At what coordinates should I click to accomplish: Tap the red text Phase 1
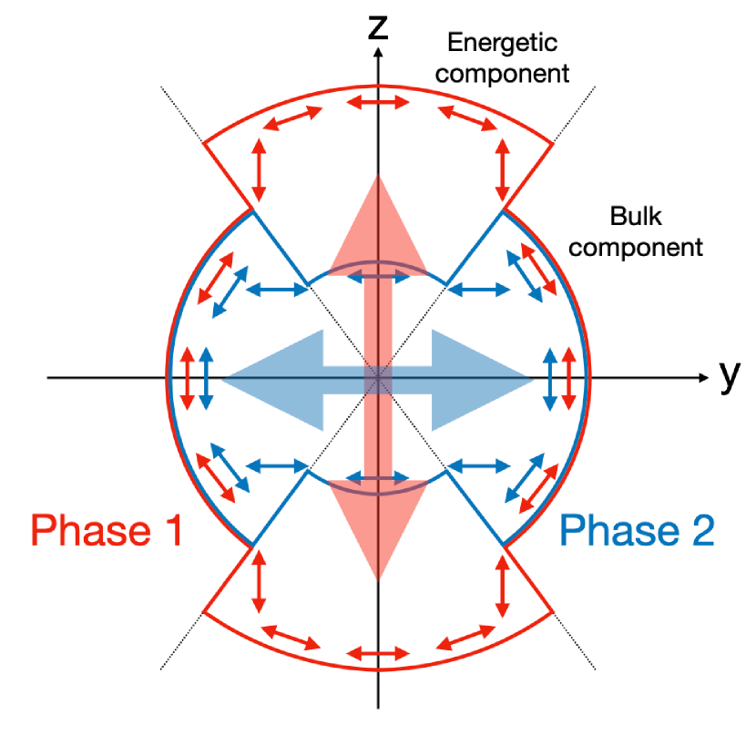pyautogui.click(x=107, y=530)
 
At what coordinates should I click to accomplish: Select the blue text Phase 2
pyautogui.click(x=637, y=530)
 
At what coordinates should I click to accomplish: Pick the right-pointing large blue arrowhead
pyautogui.click(x=480, y=379)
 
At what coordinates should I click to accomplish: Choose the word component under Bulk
pyautogui.click(x=643, y=247)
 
